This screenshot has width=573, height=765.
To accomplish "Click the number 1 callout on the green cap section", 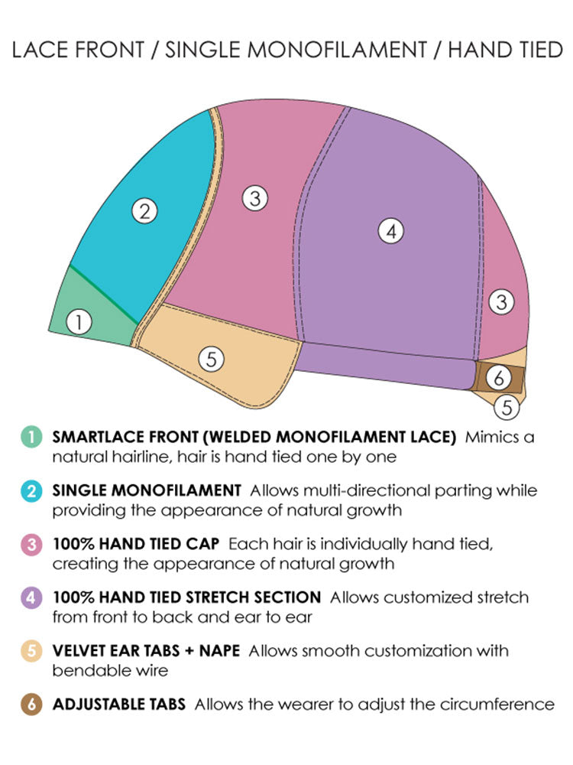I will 79,323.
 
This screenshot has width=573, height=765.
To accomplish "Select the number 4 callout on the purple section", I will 391,231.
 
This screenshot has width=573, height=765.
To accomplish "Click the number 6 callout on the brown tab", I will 498,377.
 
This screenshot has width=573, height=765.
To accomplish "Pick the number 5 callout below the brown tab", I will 507,407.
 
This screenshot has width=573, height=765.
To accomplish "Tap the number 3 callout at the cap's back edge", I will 501,301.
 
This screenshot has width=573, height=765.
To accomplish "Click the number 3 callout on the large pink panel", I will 255,199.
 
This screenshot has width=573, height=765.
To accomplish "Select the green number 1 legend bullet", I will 31,438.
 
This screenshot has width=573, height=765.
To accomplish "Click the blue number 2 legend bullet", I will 31,491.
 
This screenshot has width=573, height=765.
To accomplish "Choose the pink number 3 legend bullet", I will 31,545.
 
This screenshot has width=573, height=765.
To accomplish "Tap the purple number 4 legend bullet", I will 31,597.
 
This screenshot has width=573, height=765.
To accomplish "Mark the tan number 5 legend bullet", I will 31,651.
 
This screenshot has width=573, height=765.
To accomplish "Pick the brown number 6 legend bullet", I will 31,704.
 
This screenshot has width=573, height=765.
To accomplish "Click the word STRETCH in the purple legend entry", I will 214,597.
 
